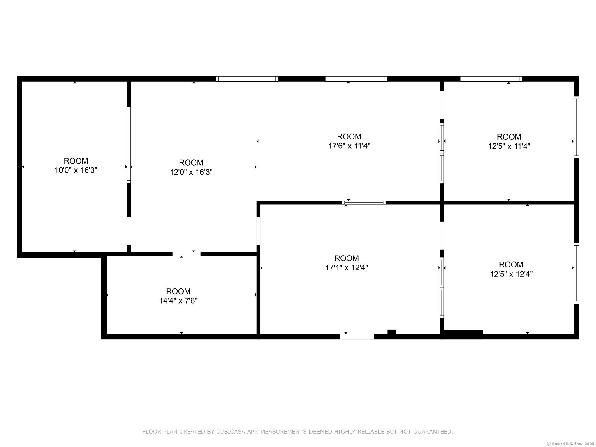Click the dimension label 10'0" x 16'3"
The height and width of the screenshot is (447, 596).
(76, 170)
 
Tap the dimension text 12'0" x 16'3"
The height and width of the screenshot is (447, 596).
(191, 172)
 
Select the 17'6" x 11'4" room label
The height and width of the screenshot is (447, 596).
(349, 146)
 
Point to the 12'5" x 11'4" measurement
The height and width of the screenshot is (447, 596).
(509, 146)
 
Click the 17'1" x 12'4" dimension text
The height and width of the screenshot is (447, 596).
(347, 267)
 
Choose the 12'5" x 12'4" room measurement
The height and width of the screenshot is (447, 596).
(511, 274)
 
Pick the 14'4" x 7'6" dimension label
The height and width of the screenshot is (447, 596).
(178, 301)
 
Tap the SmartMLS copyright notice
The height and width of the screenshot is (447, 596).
(571, 444)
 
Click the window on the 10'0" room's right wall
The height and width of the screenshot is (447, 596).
(129, 145)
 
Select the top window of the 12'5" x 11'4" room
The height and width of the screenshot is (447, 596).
(491, 79)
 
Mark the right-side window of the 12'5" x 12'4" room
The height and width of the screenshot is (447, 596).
(576, 273)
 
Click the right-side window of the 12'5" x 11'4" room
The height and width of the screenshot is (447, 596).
(576, 127)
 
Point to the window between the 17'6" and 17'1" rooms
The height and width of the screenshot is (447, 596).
(364, 203)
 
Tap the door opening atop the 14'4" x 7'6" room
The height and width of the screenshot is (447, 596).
(186, 254)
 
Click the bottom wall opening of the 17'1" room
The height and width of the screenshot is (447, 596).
(357, 336)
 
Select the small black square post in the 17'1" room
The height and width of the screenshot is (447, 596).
(392, 332)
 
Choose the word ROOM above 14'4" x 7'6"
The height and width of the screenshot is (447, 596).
(178, 291)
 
